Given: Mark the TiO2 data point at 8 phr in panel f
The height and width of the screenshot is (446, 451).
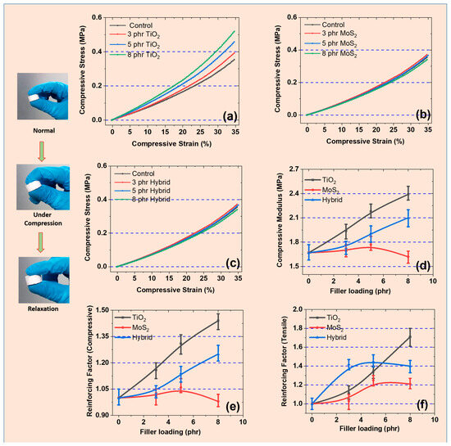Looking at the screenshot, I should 410,336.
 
